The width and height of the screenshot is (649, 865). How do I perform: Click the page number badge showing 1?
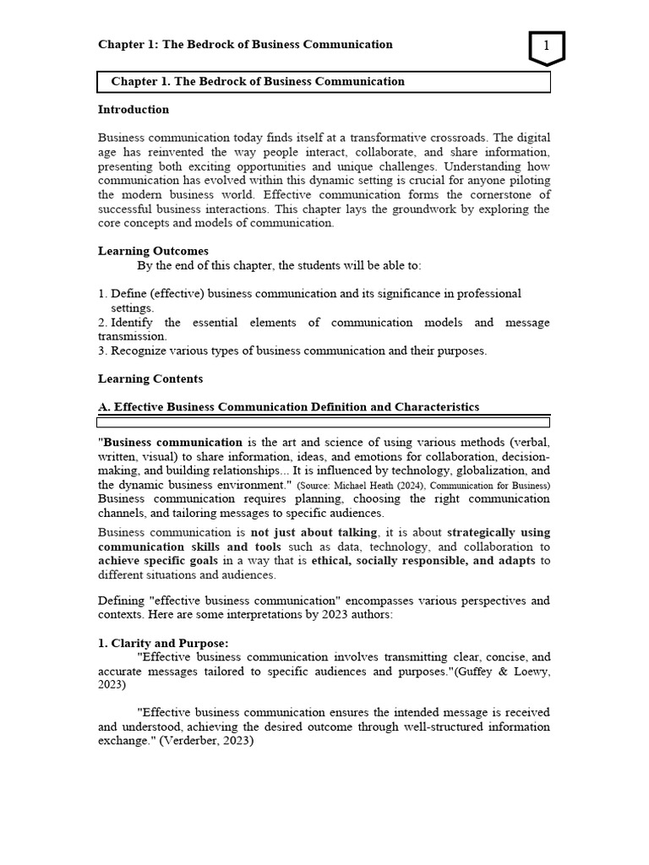pyautogui.click(x=547, y=47)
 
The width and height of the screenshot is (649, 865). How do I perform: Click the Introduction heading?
pyautogui.click(x=134, y=110)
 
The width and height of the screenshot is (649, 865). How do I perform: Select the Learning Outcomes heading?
pyautogui.click(x=153, y=251)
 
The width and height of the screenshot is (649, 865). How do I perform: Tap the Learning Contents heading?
pyautogui.click(x=150, y=379)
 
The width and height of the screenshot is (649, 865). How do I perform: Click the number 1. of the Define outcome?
pyautogui.click(x=103, y=294)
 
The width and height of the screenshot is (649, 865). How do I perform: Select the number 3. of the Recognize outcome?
pyautogui.click(x=103, y=351)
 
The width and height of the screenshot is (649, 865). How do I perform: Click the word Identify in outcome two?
pyautogui.click(x=134, y=323)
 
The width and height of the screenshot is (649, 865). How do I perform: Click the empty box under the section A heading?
pyautogui.click(x=324, y=422)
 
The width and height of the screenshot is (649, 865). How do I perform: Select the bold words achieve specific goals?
pyautogui.click(x=147, y=561)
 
